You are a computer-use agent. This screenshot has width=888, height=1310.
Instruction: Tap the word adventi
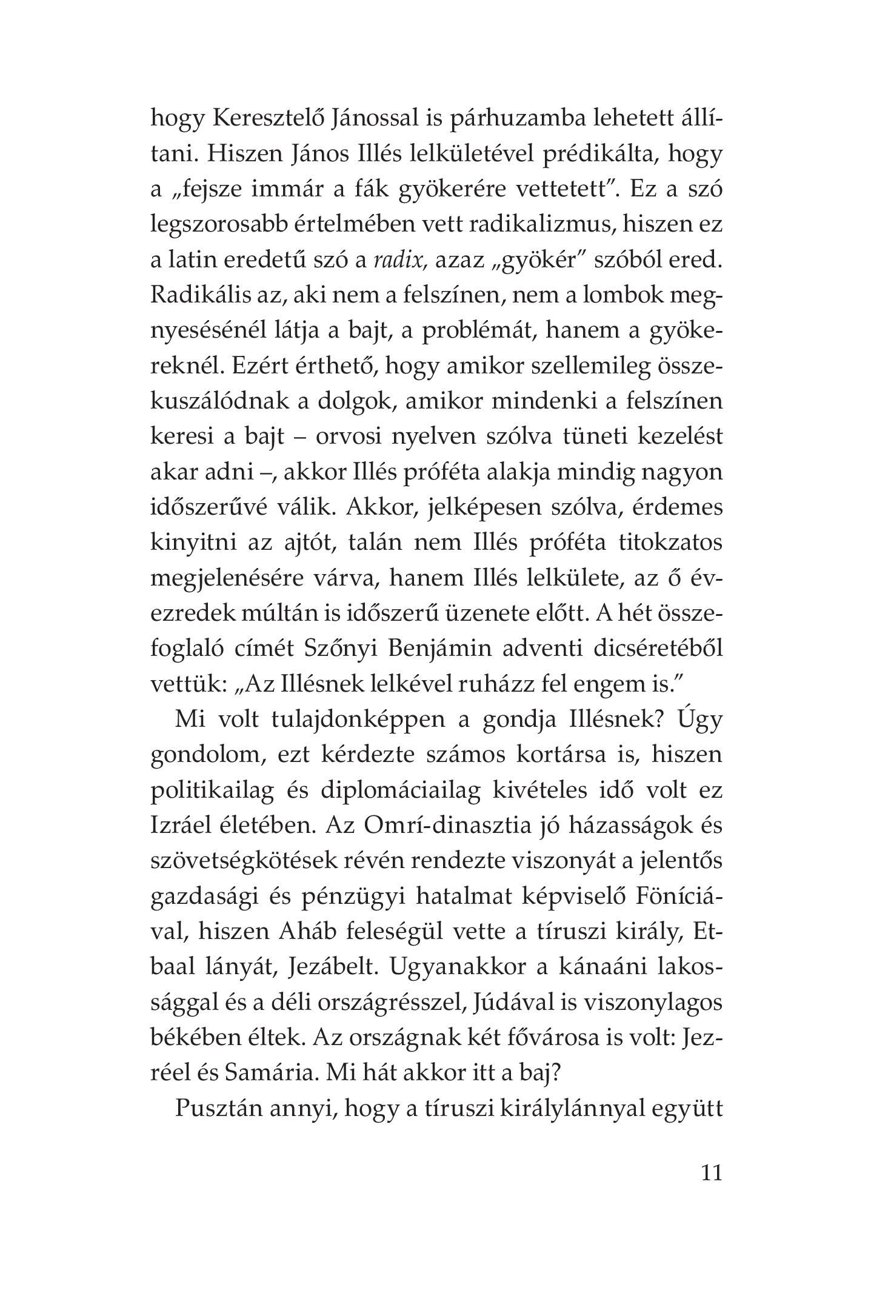[x=561, y=649]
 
